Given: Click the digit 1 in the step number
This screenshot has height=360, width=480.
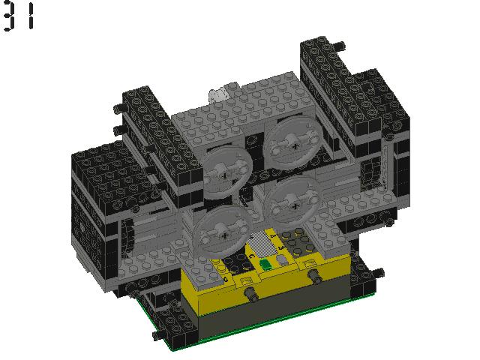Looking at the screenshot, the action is (31, 16).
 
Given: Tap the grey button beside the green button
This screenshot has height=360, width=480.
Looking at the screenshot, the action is (282, 260).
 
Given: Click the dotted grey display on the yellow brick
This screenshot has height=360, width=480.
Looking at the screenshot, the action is (261, 244).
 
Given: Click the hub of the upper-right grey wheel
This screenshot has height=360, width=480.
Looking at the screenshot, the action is (295, 146).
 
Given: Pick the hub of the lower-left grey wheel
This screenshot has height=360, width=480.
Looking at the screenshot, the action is (225, 235).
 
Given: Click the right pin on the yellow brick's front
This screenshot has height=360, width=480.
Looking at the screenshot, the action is (314, 276).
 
